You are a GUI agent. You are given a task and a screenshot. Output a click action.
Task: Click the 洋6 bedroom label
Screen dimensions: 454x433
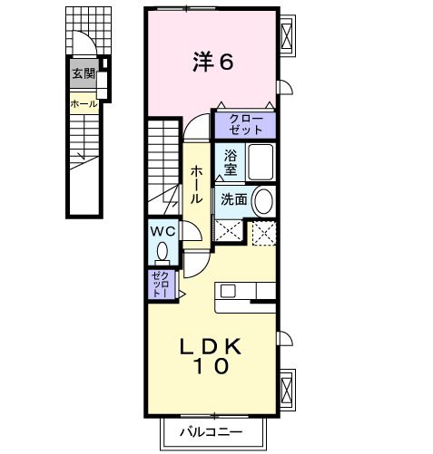click(x=213, y=63)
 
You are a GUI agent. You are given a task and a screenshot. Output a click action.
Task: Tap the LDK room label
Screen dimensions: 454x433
click(x=210, y=345)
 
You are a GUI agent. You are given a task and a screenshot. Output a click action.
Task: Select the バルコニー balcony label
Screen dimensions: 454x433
click(x=210, y=432)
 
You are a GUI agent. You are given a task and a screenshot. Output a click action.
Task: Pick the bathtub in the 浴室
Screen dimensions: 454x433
click(x=261, y=162)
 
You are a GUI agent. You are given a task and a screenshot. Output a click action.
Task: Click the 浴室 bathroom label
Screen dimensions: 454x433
click(x=230, y=162)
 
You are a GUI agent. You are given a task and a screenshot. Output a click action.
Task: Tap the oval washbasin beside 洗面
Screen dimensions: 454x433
click(x=262, y=199)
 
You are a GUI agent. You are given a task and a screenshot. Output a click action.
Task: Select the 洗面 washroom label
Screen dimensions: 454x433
click(x=233, y=199)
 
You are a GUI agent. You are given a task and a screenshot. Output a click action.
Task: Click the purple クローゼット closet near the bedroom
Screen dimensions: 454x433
click(x=244, y=124)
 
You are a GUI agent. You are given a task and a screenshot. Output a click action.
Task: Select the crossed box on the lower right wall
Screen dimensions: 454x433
click(x=288, y=387)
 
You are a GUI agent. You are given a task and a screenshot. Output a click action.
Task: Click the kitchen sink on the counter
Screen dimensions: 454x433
click(x=227, y=291)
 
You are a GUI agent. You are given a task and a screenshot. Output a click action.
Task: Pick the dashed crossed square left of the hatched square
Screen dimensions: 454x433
click(x=230, y=231)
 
